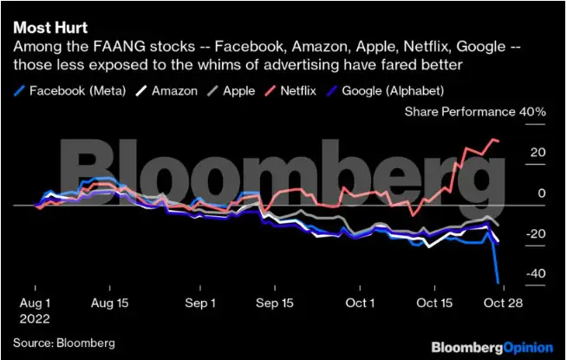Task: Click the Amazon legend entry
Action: pos(174,90)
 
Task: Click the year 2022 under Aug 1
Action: pos(36,318)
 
